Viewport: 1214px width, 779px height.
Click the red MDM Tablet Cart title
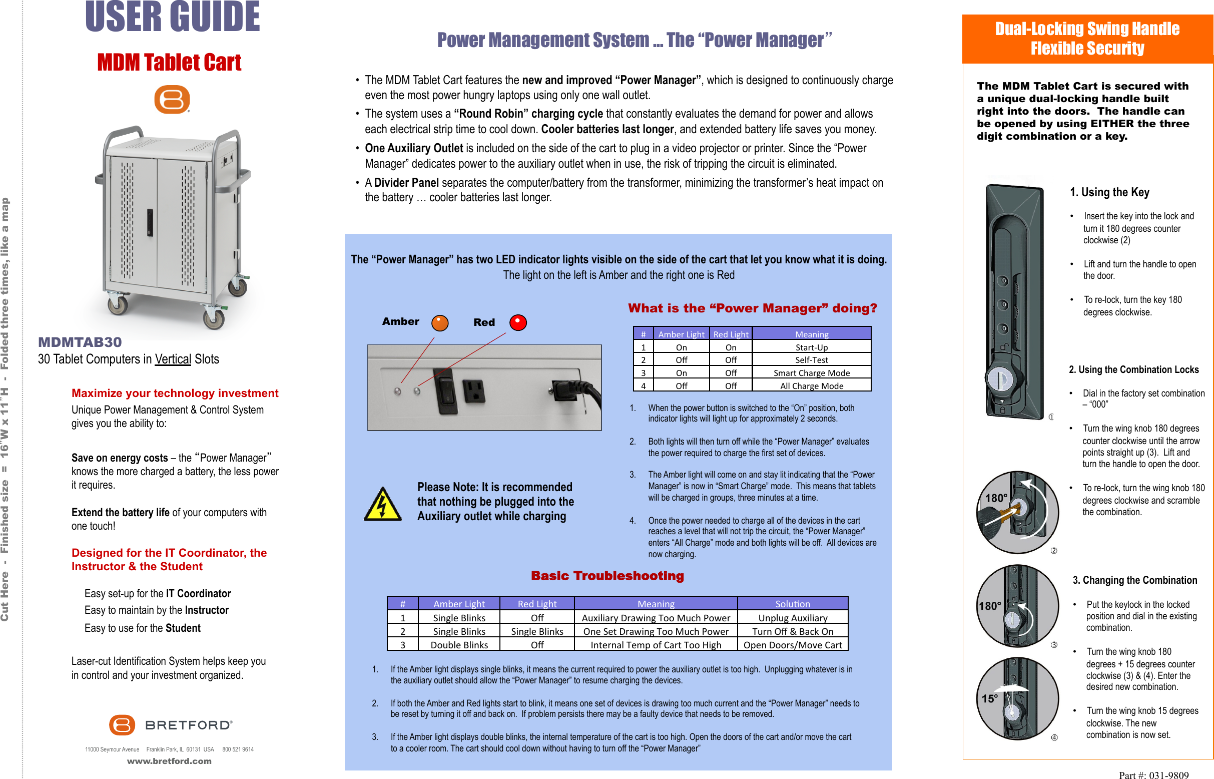pos(169,63)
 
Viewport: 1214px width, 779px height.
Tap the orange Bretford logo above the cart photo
pos(172,99)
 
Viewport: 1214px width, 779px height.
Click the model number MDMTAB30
pos(80,342)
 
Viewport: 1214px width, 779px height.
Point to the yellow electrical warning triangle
pos(383,505)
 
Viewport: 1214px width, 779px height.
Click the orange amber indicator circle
pos(440,323)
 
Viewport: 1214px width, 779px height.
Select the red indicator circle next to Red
pos(518,322)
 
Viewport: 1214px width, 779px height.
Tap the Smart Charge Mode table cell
pos(811,373)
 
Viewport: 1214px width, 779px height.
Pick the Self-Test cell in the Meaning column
pos(811,359)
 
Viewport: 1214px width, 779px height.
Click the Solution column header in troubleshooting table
pos(792,603)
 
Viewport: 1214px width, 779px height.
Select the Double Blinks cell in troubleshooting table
pos(459,645)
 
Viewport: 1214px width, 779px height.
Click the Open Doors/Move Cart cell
pos(792,645)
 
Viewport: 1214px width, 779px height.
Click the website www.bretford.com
pos(169,761)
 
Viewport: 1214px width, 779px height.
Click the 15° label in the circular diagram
pos(989,698)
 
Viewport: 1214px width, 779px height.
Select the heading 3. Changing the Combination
pos(1134,580)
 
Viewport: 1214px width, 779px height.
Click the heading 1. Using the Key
pos(1109,192)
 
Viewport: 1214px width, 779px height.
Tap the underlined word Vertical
pos(173,359)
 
